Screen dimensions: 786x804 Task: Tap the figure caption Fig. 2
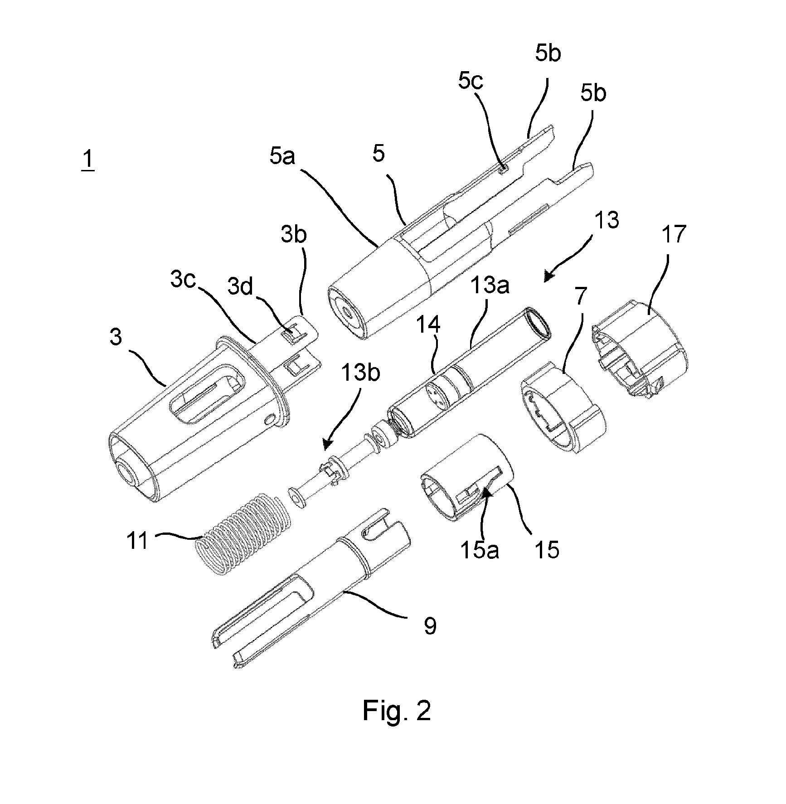tap(397, 711)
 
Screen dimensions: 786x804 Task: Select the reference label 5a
tap(282, 157)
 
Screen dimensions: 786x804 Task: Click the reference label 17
tap(674, 234)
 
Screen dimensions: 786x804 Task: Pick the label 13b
tap(361, 372)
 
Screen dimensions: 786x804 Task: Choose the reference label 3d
tap(240, 286)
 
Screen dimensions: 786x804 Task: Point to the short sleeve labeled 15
tap(467, 476)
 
